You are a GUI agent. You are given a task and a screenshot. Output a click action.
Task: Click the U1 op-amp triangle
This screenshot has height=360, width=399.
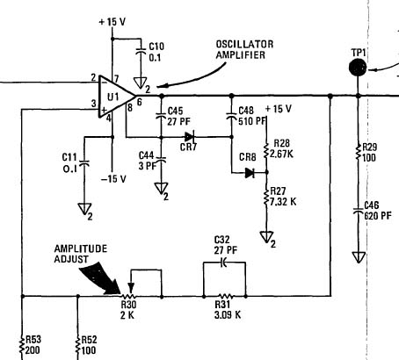pyautogui.click(x=116, y=97)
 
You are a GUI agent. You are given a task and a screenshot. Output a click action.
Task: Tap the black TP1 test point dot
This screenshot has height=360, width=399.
pyautogui.click(x=358, y=68)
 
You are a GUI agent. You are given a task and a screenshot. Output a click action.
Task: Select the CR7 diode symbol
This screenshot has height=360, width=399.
pyautogui.click(x=190, y=137)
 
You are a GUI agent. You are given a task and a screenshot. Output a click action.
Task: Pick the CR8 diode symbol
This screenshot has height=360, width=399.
pyautogui.click(x=250, y=173)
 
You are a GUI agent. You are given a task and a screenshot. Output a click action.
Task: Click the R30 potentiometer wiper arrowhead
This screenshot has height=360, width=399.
pyautogui.click(x=131, y=287)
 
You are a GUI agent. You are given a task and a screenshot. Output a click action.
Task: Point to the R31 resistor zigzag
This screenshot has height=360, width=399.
pyautogui.click(x=225, y=296)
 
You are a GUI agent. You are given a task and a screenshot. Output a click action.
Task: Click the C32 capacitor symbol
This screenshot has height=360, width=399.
pyautogui.click(x=223, y=263)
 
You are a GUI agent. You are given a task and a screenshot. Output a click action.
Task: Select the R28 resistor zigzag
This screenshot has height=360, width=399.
pyautogui.click(x=266, y=150)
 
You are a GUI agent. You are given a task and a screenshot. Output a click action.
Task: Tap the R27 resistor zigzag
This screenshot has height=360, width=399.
pyautogui.click(x=266, y=198)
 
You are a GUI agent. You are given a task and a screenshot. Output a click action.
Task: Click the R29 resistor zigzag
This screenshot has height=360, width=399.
pyautogui.click(x=358, y=151)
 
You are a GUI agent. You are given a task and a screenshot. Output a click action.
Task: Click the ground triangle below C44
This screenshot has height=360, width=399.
pyautogui.click(x=161, y=188)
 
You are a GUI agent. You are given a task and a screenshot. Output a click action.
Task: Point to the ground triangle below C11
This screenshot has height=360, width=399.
pyautogui.click(x=84, y=209)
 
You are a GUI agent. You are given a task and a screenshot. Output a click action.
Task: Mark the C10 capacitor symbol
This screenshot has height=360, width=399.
pyautogui.click(x=141, y=50)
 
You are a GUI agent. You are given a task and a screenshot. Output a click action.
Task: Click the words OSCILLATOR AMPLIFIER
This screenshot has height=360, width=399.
pyautogui.click(x=244, y=50)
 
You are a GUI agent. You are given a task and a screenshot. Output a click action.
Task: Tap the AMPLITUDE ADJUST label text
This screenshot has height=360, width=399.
pyautogui.click(x=81, y=254)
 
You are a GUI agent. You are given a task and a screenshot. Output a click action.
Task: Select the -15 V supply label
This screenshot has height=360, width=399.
pyautogui.click(x=113, y=178)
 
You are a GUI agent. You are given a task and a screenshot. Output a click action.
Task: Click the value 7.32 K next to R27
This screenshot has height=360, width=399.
pyautogui.click(x=283, y=201)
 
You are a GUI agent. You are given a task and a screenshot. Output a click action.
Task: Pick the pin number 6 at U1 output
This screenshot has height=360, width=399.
pyautogui.click(x=139, y=102)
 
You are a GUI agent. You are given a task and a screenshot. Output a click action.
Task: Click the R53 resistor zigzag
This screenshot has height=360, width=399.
pyautogui.click(x=22, y=345)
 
